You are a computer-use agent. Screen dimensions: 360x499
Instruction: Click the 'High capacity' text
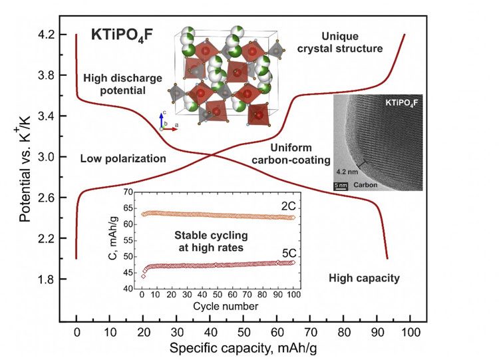click(365, 277)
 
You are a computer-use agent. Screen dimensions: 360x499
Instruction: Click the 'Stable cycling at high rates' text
click(206, 240)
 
